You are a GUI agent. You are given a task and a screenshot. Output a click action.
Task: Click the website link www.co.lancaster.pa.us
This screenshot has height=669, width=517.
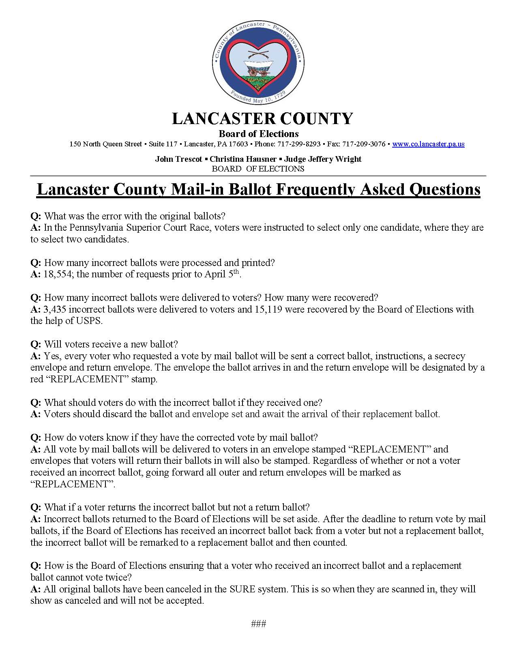(x=428, y=144)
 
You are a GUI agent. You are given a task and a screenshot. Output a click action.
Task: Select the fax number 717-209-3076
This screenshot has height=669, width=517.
(x=364, y=144)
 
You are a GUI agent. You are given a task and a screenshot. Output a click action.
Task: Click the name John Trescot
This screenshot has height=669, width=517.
(x=178, y=159)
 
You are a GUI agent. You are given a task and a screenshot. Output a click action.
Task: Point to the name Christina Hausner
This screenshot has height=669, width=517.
(x=243, y=159)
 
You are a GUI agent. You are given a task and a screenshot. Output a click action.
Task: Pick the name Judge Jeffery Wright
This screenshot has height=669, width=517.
(x=323, y=159)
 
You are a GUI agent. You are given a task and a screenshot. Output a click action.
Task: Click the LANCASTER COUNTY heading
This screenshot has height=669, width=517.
(x=262, y=119)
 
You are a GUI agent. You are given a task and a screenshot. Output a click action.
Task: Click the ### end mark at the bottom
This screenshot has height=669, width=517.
(x=258, y=624)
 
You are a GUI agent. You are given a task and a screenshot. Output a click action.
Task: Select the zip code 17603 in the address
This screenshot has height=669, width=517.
(x=238, y=144)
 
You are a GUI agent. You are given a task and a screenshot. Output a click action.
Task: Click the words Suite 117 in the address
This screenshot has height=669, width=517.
(x=163, y=144)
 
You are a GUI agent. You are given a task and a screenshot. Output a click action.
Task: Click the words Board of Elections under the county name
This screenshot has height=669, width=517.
(x=259, y=134)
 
